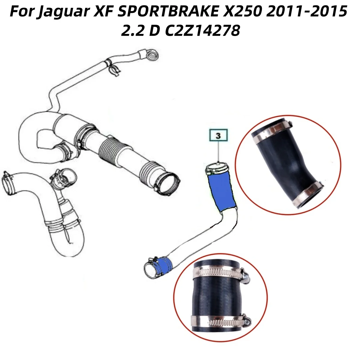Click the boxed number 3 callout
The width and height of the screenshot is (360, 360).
(218, 136)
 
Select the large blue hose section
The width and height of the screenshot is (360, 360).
(222, 192)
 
